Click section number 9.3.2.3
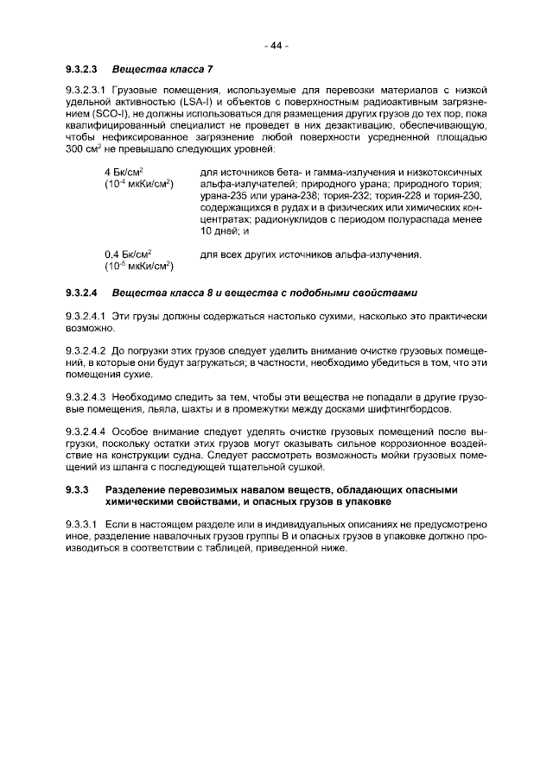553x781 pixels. (x=82, y=67)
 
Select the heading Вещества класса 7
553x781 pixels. (x=162, y=67)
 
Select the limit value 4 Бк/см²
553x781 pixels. (x=124, y=173)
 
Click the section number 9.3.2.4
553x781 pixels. (x=82, y=293)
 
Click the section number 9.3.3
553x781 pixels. (x=78, y=490)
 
